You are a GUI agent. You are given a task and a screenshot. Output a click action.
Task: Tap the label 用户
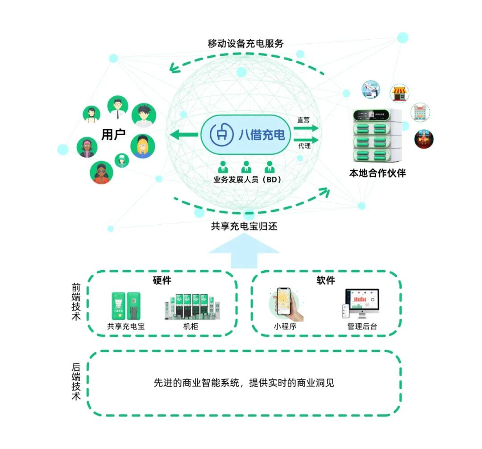(113, 134)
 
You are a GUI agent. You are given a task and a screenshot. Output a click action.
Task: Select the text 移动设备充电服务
(245, 44)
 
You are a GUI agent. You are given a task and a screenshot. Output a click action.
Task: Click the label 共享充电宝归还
(244, 227)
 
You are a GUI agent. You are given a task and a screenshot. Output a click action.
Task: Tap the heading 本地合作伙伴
(377, 173)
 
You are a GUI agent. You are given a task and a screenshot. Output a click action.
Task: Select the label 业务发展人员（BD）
(245, 180)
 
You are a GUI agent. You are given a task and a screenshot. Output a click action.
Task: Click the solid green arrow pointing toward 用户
(184, 135)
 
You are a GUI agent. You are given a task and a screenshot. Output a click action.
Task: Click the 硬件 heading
(162, 280)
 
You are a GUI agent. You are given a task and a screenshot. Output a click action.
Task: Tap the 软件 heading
(326, 280)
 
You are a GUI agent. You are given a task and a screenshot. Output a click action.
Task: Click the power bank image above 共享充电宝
(126, 306)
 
